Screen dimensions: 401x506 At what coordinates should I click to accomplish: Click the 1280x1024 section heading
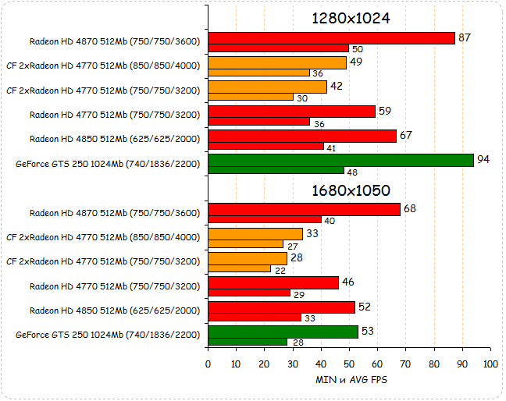click(351, 19)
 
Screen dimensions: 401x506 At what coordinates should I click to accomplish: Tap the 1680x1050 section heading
click(351, 190)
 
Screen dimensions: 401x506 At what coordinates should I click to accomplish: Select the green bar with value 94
click(340, 160)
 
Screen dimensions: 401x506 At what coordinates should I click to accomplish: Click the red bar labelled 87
click(331, 38)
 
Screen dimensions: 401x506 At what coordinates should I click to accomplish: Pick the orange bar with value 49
click(277, 62)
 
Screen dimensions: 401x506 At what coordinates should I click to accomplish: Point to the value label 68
click(409, 208)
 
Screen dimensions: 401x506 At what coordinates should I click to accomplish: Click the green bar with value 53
click(283, 332)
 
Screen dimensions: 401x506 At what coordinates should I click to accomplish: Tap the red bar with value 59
click(291, 111)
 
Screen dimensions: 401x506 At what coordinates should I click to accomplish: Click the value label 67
click(405, 135)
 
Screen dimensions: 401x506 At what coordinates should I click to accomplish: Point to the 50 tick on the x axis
click(349, 364)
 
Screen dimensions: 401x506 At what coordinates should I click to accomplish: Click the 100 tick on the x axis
click(490, 364)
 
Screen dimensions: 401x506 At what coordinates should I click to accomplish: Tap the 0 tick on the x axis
click(208, 364)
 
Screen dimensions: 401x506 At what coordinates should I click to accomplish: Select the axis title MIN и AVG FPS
click(350, 380)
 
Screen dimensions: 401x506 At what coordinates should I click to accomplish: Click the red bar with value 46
click(273, 282)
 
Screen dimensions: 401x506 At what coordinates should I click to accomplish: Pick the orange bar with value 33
click(255, 233)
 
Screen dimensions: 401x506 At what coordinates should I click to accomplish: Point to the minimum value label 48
click(352, 171)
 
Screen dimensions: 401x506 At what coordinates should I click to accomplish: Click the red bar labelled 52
click(281, 307)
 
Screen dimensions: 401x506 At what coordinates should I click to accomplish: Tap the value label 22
click(280, 269)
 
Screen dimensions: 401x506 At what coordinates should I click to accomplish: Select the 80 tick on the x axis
click(434, 364)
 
